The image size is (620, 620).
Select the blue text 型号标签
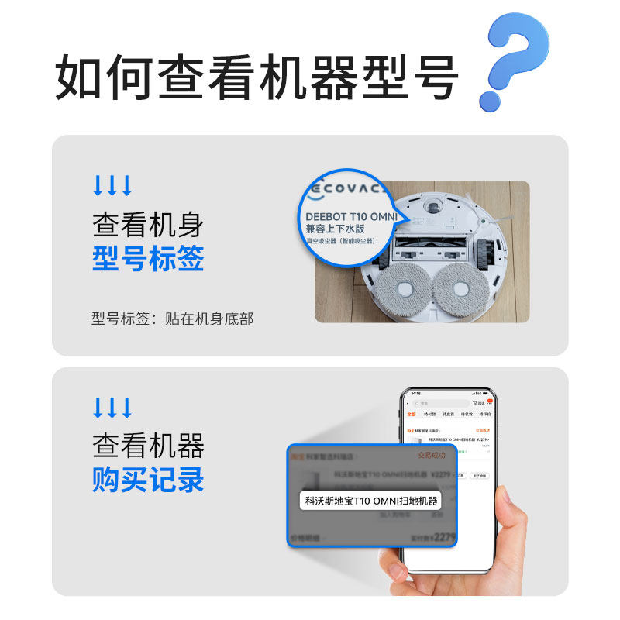148,258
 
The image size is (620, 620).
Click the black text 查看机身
148,224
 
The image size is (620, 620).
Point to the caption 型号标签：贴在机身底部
172,319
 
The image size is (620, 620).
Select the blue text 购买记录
148,480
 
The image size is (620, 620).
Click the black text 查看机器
148,446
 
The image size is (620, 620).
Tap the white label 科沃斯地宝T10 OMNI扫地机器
371,501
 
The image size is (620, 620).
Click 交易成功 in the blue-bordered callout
432,456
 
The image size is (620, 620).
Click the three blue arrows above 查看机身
112,186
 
